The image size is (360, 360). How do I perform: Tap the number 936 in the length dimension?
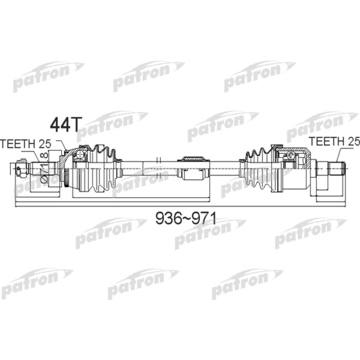point(168,219)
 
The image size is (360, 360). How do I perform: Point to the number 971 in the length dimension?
point(202,219)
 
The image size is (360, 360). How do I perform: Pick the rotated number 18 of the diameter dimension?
point(44,158)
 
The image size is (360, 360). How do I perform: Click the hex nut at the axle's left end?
point(21,169)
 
